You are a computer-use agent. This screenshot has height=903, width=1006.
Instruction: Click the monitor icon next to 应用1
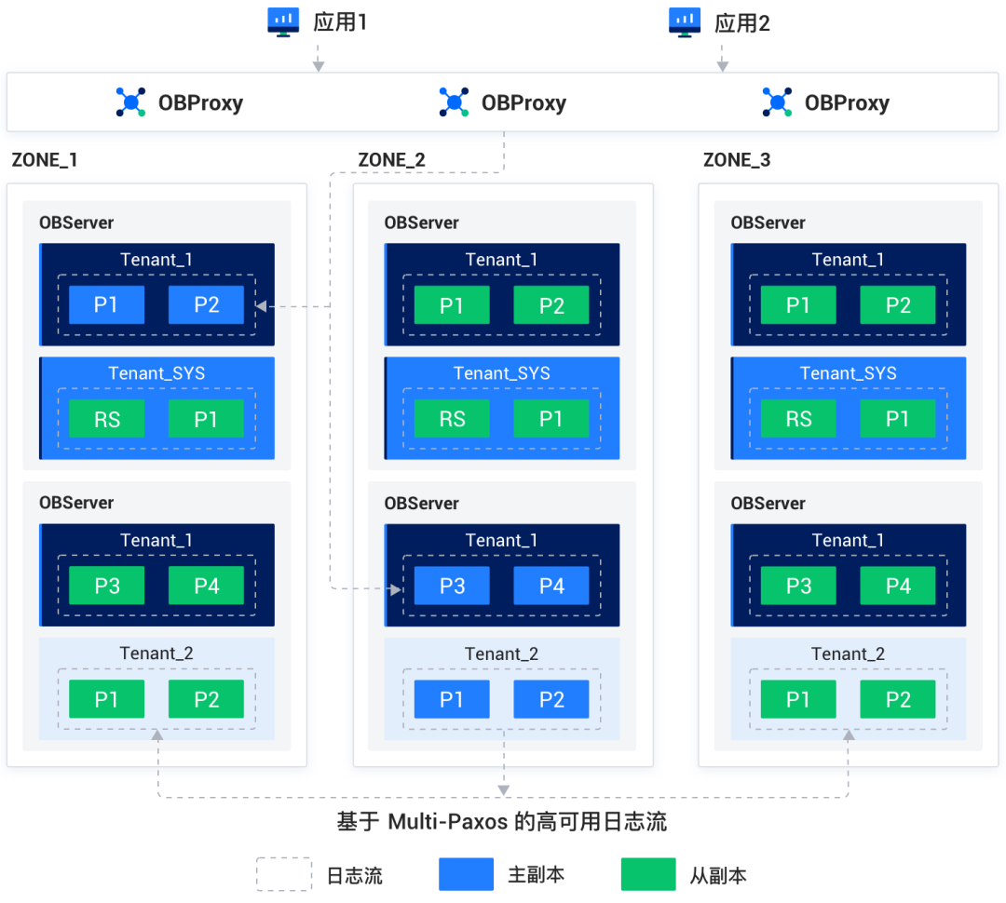click(282, 20)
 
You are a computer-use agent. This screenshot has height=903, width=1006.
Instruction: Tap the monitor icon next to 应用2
click(685, 20)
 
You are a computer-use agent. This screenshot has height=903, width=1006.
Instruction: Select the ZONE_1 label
click(45, 160)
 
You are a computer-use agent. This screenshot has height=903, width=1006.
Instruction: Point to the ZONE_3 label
click(737, 160)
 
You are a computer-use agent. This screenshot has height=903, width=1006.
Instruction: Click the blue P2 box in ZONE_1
click(206, 304)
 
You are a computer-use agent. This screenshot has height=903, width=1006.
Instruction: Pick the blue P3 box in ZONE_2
click(452, 586)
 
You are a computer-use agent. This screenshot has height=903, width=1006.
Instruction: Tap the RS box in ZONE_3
click(798, 418)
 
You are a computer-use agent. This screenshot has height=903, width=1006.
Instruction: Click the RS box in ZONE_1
click(107, 418)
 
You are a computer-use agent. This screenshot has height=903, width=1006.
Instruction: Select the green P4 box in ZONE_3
click(898, 586)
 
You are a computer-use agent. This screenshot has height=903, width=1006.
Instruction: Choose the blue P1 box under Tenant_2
click(452, 699)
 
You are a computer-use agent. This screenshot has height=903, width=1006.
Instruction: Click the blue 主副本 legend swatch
click(466, 874)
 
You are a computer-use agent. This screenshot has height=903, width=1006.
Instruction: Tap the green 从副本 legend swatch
click(648, 874)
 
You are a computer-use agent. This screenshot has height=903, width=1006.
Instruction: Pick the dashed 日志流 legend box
click(284, 874)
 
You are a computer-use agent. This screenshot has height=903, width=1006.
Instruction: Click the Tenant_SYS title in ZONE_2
click(502, 373)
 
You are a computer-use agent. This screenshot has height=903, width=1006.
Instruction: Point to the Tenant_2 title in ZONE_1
click(156, 654)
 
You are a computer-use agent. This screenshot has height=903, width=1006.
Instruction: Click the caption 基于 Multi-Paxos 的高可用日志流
click(502, 822)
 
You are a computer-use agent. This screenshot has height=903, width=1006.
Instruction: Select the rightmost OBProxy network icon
click(777, 102)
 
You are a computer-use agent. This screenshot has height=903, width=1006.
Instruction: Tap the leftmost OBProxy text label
click(200, 102)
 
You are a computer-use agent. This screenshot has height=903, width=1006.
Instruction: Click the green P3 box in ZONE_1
click(107, 586)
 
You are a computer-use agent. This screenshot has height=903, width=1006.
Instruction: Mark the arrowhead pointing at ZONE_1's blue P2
click(262, 305)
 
